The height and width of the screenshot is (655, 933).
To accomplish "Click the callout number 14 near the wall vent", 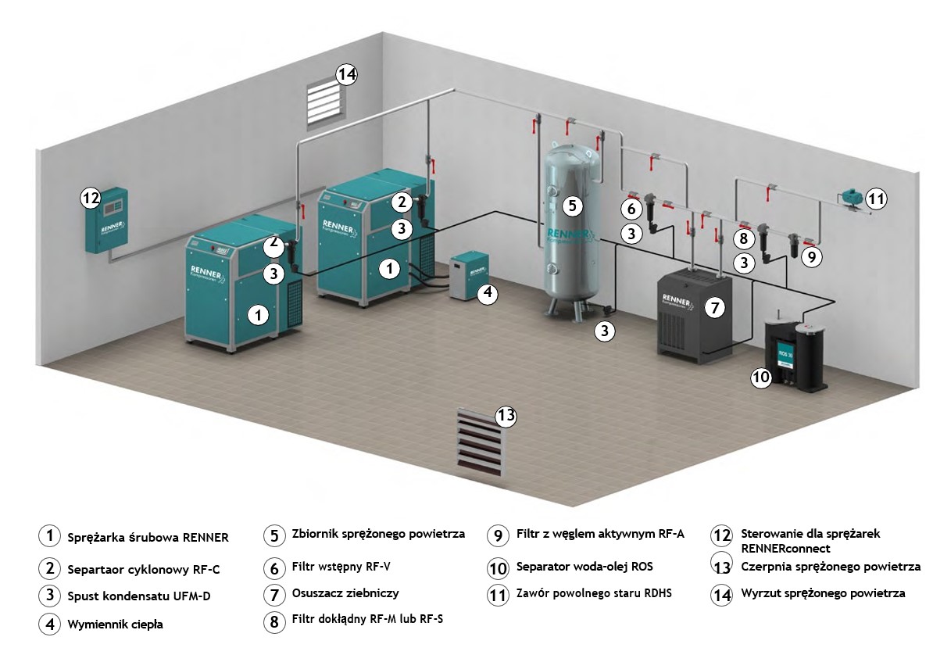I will [346, 75].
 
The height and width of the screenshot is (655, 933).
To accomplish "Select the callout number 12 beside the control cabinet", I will [91, 199].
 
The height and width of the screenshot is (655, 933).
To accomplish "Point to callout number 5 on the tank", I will [572, 206].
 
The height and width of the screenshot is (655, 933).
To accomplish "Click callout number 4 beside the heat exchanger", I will [487, 294].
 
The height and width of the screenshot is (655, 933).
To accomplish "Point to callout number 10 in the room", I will [761, 378].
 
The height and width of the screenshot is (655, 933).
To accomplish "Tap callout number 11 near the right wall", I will [877, 199].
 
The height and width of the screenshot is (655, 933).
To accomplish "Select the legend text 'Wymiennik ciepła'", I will [116, 624].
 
